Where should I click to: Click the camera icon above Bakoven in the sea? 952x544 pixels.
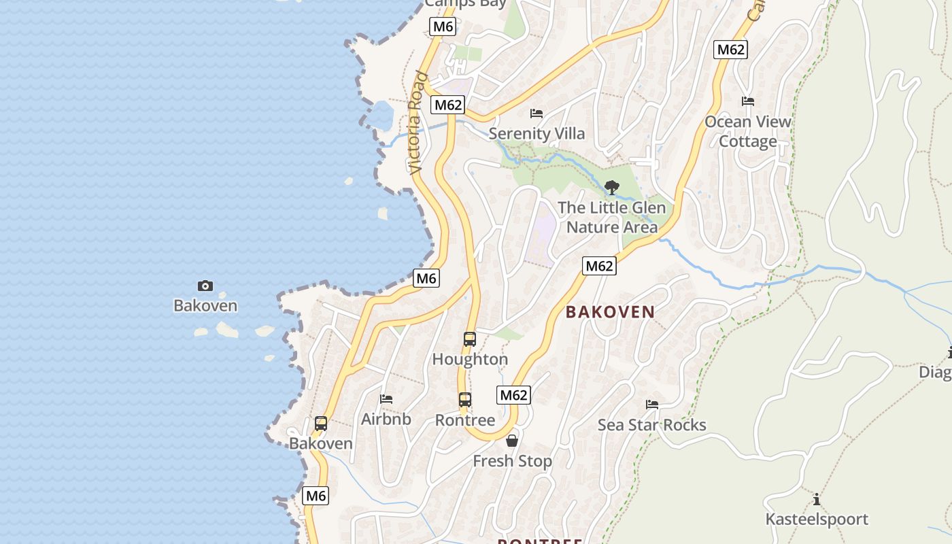tap(205, 286)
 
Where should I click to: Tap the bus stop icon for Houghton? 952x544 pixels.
tap(469, 339)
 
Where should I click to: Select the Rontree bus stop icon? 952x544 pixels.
tap(464, 400)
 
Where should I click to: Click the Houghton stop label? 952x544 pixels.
tap(470, 359)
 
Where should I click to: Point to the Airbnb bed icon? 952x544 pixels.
tap(386, 398)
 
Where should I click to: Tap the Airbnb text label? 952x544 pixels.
tap(386, 419)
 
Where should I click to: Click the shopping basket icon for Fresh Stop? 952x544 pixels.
tap(512, 441)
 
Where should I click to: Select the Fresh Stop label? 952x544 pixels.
tap(512, 461)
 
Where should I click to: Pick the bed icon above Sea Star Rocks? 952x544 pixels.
tap(651, 405)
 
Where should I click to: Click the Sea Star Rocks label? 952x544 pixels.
tap(651, 425)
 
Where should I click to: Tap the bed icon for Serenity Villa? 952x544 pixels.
tap(537, 113)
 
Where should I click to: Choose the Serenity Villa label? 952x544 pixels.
tap(537, 133)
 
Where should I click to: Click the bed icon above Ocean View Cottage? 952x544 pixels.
tap(748, 101)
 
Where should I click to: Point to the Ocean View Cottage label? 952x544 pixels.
tap(748, 131)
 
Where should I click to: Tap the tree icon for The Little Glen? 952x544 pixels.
tap(611, 187)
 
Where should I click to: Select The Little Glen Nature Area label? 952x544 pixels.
tap(611, 217)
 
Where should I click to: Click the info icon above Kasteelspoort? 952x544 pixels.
tap(816, 500)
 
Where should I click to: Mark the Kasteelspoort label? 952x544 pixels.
tap(816, 520)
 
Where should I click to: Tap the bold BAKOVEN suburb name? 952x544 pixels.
tap(610, 312)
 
